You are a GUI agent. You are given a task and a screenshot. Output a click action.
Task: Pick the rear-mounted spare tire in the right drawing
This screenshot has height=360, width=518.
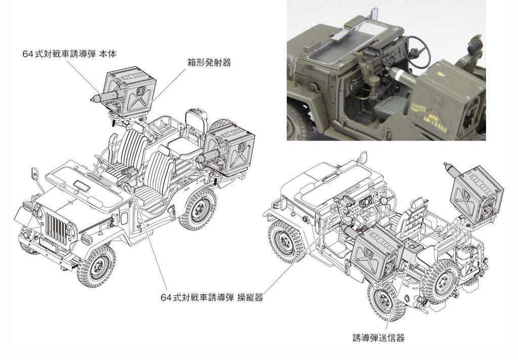(442, 281)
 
